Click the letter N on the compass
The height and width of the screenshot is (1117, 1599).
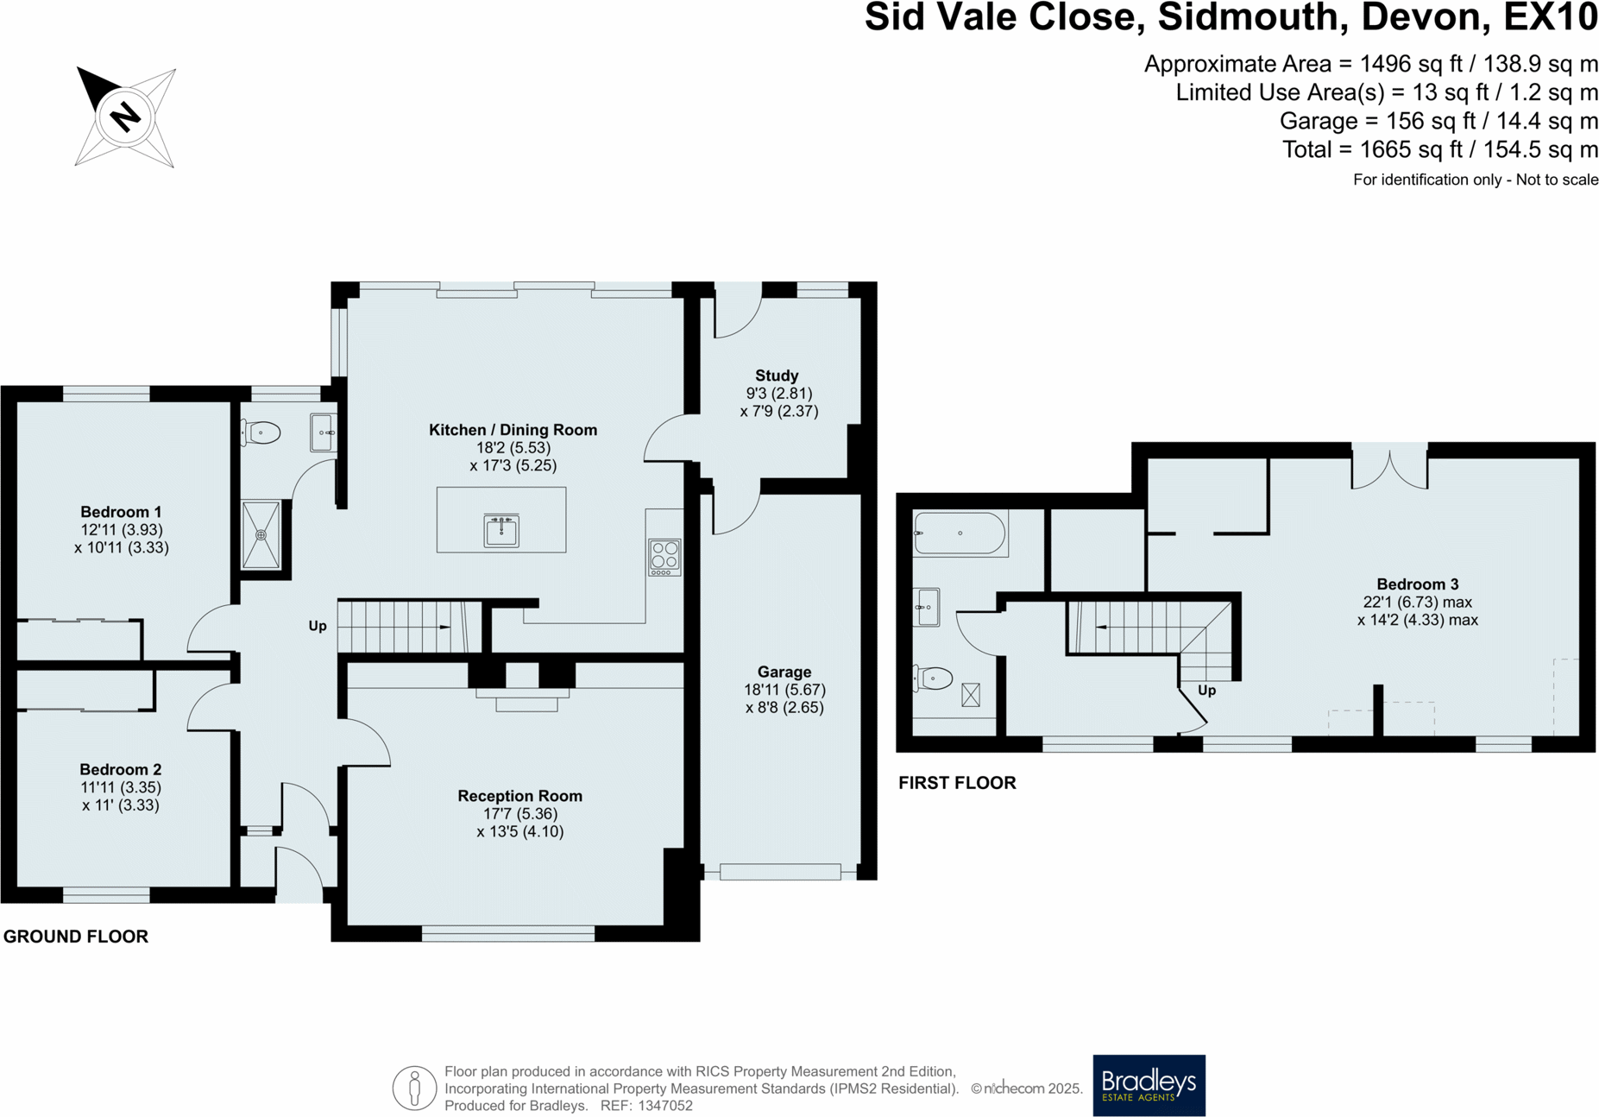pos(126,116)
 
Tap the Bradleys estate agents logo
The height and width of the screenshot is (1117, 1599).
pos(1149,1085)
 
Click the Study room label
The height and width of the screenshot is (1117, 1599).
pos(777,375)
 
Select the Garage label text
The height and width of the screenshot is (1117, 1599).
pos(784,672)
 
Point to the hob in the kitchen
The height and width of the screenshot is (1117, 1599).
pos(664,557)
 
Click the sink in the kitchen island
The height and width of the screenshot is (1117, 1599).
pos(501,530)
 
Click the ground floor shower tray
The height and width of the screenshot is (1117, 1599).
pos(261,535)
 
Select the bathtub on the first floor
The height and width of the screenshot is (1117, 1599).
pos(960,533)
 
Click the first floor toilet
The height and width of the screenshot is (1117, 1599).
pos(933,678)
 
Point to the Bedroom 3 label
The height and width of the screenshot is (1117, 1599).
pos(1417,584)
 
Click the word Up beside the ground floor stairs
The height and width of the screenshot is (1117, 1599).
pos(318,626)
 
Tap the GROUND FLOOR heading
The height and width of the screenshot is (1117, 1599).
pos(76,937)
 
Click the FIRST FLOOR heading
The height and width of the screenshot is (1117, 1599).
pos(957,783)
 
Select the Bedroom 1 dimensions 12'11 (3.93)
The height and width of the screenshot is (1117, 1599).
pos(121,530)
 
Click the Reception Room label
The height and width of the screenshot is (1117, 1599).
pos(519,796)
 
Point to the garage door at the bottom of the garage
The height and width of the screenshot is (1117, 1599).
pos(780,872)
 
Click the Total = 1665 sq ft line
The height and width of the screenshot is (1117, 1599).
pos(1439,149)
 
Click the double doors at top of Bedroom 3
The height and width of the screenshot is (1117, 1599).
pos(1389,466)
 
